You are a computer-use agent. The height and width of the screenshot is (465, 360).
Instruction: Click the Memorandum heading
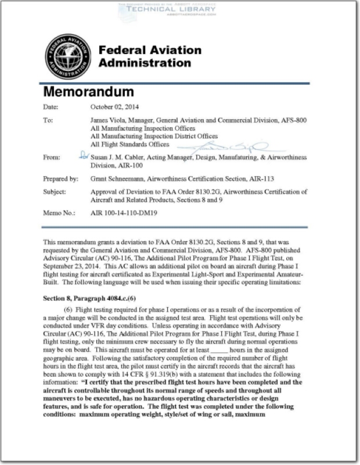[x=89, y=92]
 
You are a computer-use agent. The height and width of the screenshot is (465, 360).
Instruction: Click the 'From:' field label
[x=52, y=158]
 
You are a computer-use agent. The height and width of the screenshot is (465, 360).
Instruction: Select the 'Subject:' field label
[x=55, y=192]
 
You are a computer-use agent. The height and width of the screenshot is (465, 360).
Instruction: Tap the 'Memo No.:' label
[x=60, y=213]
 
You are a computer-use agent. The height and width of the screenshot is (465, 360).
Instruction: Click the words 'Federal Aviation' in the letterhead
[x=150, y=51]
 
